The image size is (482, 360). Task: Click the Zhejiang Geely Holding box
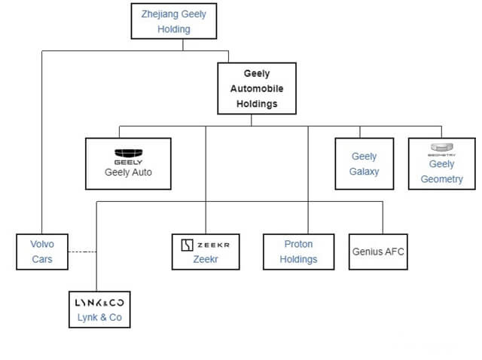[x=173, y=22]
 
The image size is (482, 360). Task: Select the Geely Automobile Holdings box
[x=257, y=88]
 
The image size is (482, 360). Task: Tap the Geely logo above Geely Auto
[x=128, y=154]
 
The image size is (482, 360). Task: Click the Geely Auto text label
[x=128, y=172]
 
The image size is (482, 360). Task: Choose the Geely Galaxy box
[x=364, y=163]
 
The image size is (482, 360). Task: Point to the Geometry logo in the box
[x=441, y=148]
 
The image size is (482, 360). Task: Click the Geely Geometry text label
[x=441, y=172]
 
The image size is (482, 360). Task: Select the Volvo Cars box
[x=41, y=252]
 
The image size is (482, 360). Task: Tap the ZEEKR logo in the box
[x=206, y=245]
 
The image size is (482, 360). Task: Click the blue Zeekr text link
[x=206, y=260]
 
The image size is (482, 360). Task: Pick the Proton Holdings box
[x=298, y=252]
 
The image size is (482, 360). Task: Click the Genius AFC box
[x=378, y=252]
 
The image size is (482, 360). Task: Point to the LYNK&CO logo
[x=99, y=302]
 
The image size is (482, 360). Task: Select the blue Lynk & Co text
[x=99, y=317]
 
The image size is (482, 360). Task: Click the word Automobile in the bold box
[x=257, y=89]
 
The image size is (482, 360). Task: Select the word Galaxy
[x=364, y=171]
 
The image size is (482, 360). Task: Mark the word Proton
[x=298, y=244]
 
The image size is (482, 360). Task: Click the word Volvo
[x=41, y=244]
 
